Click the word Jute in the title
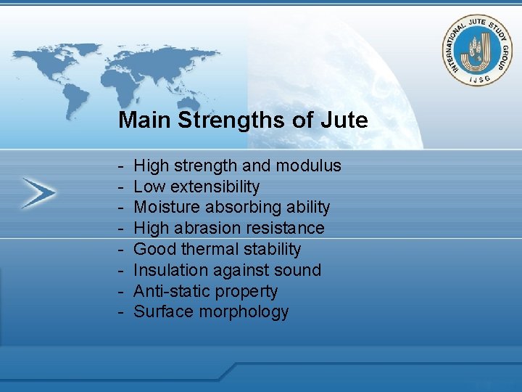[347, 120]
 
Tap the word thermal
[207, 249]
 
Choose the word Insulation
[167, 270]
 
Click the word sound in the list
[298, 270]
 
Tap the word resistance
[288, 228]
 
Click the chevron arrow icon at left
[38, 192]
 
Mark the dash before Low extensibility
[120, 187]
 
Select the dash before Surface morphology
[120, 312]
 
